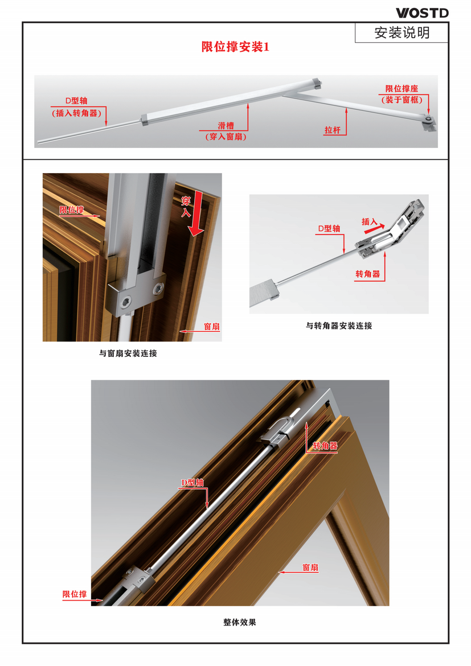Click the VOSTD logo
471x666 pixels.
click(x=422, y=13)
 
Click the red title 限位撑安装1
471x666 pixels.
click(x=235, y=47)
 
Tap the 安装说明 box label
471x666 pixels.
click(x=402, y=32)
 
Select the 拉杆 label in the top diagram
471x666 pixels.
click(x=333, y=130)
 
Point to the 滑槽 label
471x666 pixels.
click(x=226, y=126)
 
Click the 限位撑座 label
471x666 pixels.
click(x=402, y=89)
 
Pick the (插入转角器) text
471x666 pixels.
click(x=77, y=113)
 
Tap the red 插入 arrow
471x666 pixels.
click(x=375, y=229)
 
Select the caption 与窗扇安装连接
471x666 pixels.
click(x=128, y=353)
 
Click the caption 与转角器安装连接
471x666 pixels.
click(x=339, y=326)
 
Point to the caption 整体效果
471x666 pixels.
click(x=240, y=622)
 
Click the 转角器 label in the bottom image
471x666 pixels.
click(x=325, y=446)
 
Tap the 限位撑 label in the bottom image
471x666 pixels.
click(x=75, y=594)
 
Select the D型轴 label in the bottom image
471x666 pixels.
click(x=193, y=483)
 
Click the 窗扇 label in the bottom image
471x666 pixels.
click(x=310, y=568)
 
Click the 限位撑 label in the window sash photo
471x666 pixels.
click(x=71, y=210)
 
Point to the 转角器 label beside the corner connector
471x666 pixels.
click(x=368, y=274)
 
